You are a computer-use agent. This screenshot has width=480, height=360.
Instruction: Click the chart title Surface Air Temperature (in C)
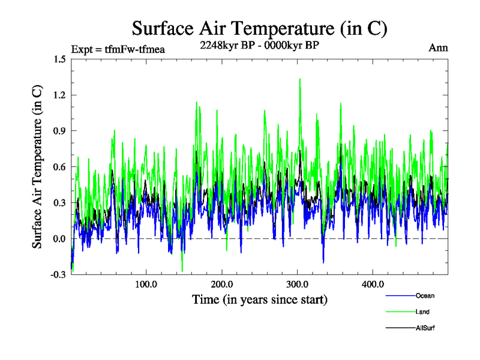(259, 28)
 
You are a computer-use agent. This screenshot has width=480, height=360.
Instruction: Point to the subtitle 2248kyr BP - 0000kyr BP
(259, 45)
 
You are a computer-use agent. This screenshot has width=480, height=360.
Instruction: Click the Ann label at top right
(438, 47)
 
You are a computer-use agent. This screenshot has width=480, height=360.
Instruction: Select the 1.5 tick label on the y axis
(59, 59)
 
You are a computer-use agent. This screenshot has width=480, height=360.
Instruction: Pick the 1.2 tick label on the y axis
(59, 95)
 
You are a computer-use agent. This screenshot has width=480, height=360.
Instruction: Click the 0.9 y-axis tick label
(59, 131)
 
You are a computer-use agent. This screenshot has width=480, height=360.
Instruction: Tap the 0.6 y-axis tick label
(59, 167)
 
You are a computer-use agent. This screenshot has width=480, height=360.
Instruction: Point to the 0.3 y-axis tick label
(59, 203)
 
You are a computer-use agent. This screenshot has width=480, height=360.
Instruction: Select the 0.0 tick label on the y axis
(59, 239)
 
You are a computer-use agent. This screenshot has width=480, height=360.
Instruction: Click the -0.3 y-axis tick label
(58, 275)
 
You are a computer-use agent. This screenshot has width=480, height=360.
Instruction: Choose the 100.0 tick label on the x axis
(146, 284)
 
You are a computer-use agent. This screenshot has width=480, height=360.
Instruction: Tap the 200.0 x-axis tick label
(221, 284)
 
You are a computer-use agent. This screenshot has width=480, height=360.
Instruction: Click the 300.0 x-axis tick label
(297, 284)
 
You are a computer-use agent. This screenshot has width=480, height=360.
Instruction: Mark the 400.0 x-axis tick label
(373, 284)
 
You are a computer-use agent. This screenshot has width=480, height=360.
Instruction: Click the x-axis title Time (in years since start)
(259, 299)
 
